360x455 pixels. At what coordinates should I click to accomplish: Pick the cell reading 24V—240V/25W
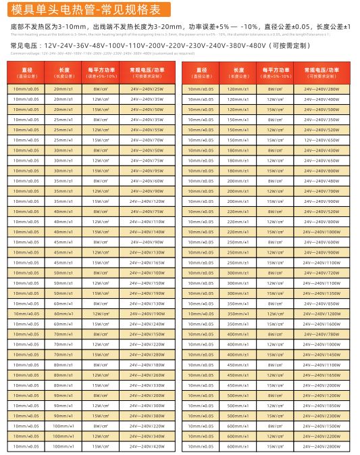[x=147, y=89]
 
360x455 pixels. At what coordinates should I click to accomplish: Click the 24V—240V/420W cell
[x=147, y=447]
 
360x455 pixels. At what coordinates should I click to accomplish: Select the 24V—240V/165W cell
[x=147, y=262]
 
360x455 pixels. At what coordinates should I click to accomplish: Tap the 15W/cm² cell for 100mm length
[x=101, y=447]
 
